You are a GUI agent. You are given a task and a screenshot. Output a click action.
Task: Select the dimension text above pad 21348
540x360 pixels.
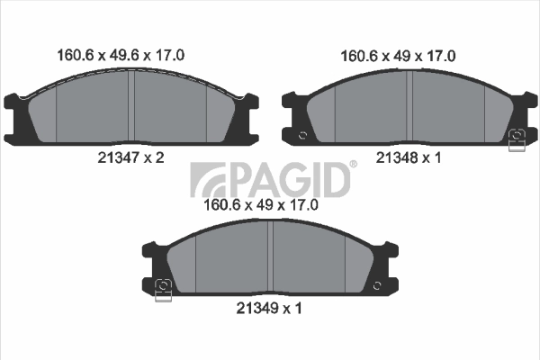(x=398, y=55)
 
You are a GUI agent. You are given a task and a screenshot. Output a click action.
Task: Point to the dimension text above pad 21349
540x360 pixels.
(x=263, y=205)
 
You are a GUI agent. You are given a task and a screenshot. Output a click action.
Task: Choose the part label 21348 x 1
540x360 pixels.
(x=405, y=157)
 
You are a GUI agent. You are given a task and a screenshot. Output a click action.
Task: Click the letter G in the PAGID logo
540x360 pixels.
(x=300, y=180)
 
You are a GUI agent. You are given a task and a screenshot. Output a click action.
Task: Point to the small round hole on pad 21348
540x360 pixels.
(x=303, y=136)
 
